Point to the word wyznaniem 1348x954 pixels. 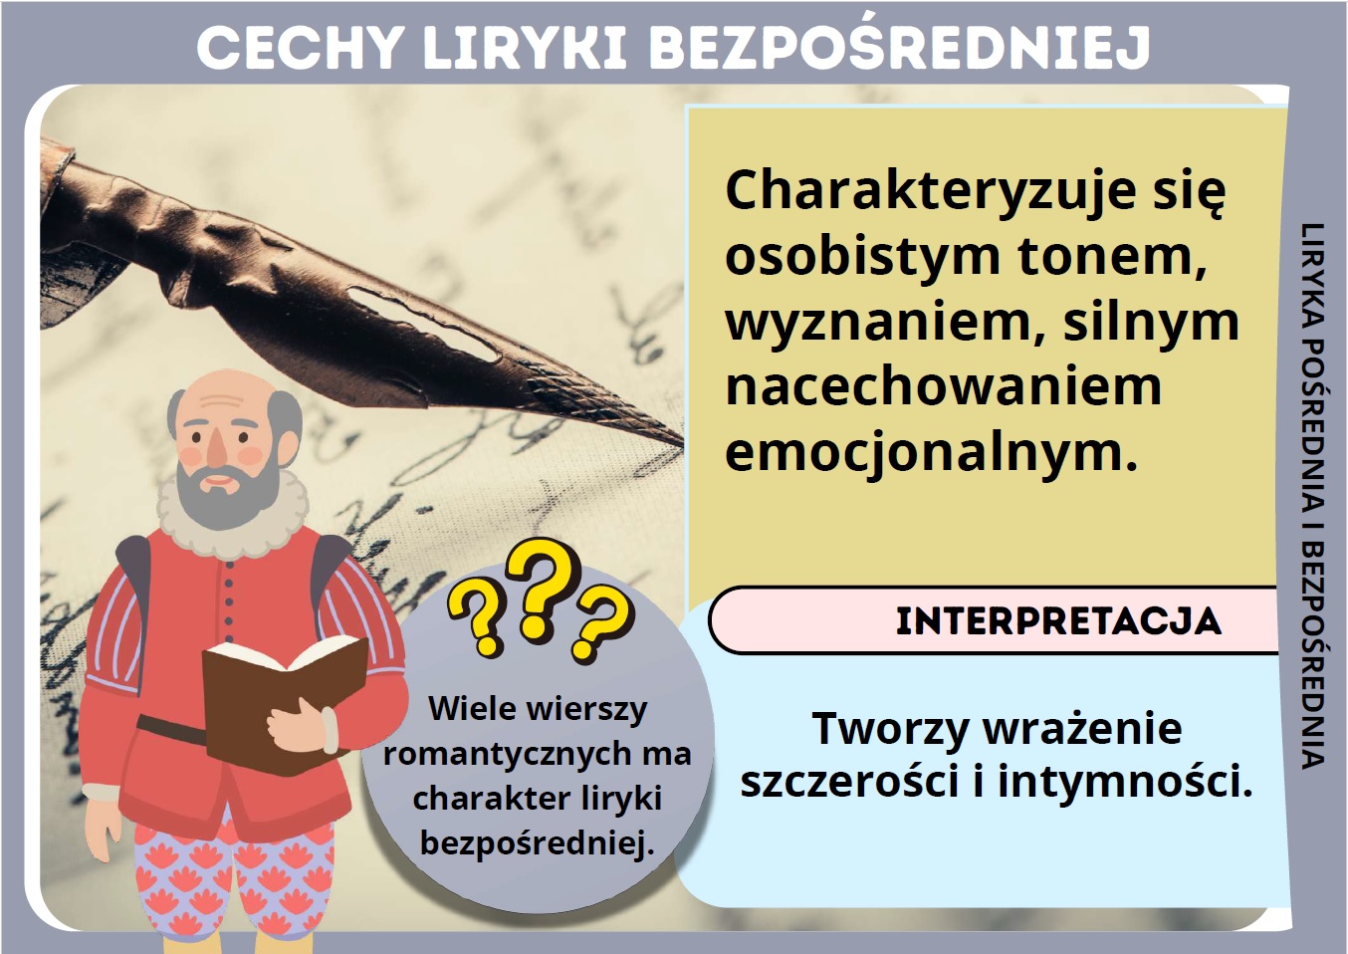click(x=885, y=323)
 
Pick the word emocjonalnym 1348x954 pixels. click(x=931, y=454)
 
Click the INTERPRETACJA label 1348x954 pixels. click(x=1058, y=621)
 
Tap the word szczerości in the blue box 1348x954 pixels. click(x=849, y=783)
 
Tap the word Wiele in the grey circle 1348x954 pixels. click(x=470, y=708)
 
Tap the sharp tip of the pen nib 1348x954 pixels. click(x=682, y=445)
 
